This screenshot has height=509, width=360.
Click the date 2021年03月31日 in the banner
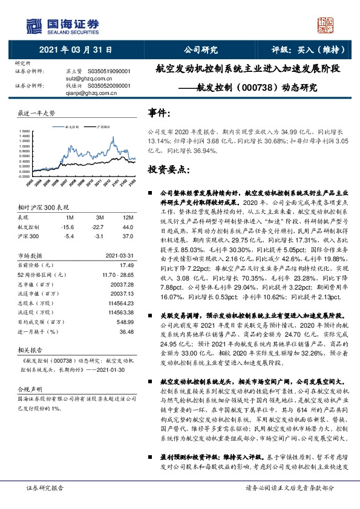(71, 50)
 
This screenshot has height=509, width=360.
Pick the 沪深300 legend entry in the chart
(102, 127)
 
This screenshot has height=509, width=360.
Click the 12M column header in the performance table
(128, 216)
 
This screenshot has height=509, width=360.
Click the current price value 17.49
(126, 265)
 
